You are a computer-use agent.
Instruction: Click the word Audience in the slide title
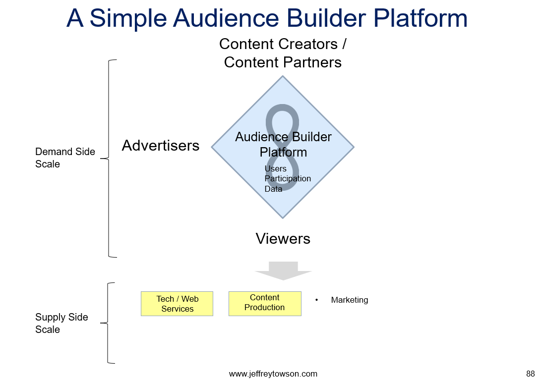pos(226,18)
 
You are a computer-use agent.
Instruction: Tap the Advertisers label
pos(161,145)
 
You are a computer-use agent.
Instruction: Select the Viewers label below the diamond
pos(283,238)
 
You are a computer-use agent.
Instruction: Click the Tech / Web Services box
pos(177,304)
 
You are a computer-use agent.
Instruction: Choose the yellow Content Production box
pos(265,304)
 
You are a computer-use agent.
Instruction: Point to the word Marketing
pos(349,300)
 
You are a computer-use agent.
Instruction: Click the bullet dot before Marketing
pos(316,300)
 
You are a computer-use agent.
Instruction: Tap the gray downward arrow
pos(283,271)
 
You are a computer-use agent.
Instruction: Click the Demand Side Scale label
pos(65,158)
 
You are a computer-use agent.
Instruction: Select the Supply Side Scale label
pos(61,323)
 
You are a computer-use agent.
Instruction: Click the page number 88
pos(531,374)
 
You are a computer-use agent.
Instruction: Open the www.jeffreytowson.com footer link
pos(273,374)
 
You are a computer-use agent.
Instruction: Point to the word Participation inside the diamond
pos(288,179)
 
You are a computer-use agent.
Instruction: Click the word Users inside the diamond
pos(275,168)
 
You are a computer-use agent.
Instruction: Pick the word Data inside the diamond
pos(273,189)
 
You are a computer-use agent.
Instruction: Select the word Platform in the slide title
pos(420,18)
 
